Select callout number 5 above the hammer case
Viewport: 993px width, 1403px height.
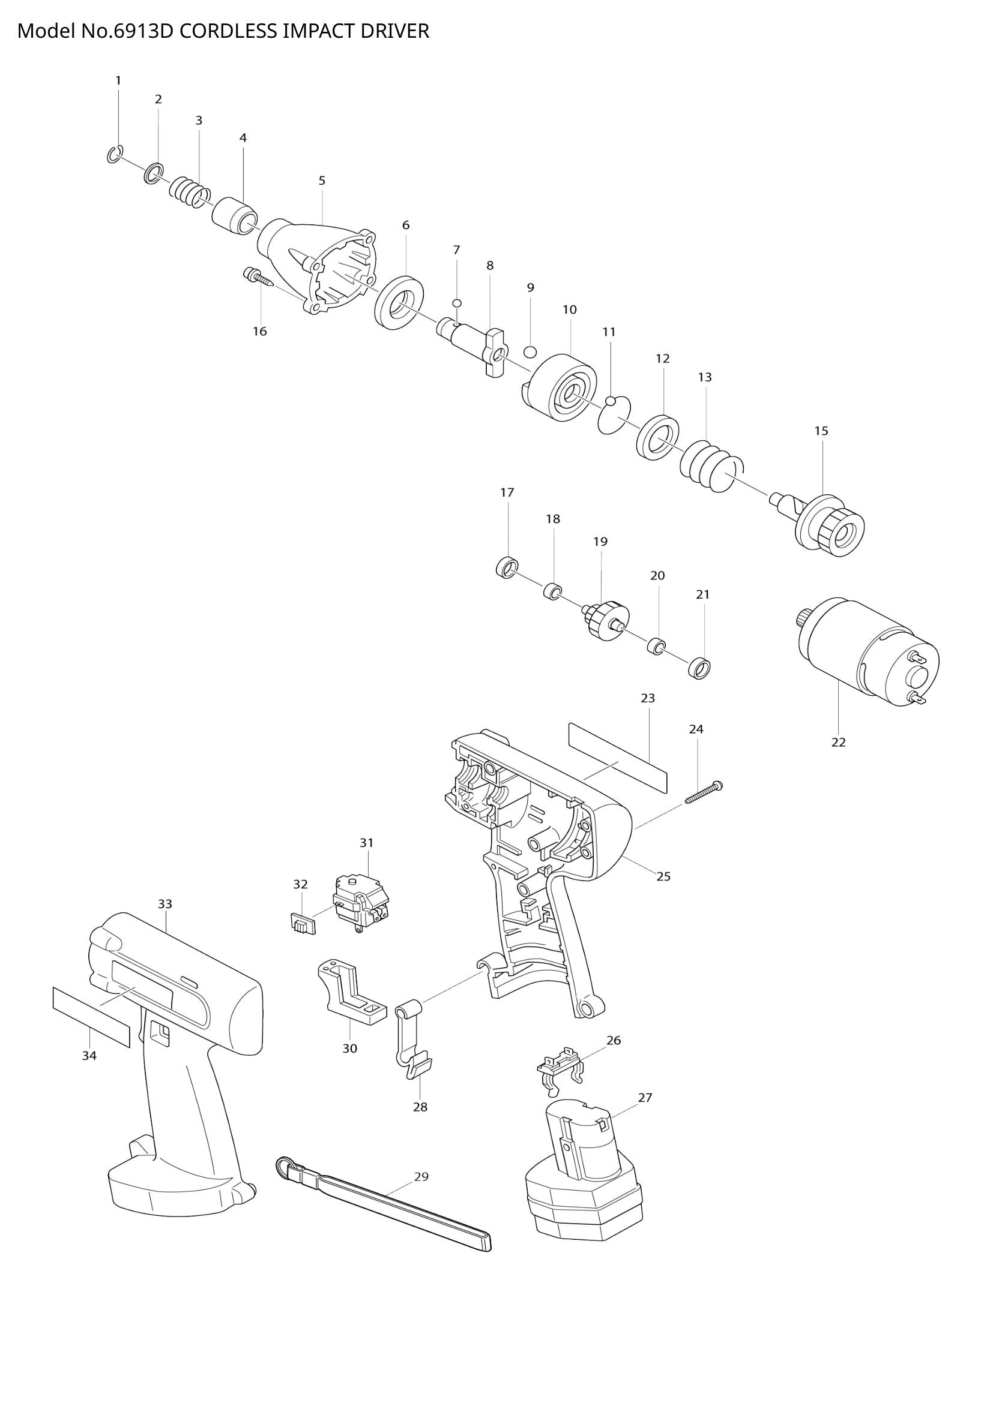322,181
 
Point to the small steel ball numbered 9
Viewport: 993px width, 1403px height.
530,351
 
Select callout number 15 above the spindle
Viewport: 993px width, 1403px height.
821,431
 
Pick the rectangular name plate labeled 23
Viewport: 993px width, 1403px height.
618,757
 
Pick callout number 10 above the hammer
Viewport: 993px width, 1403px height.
569,310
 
